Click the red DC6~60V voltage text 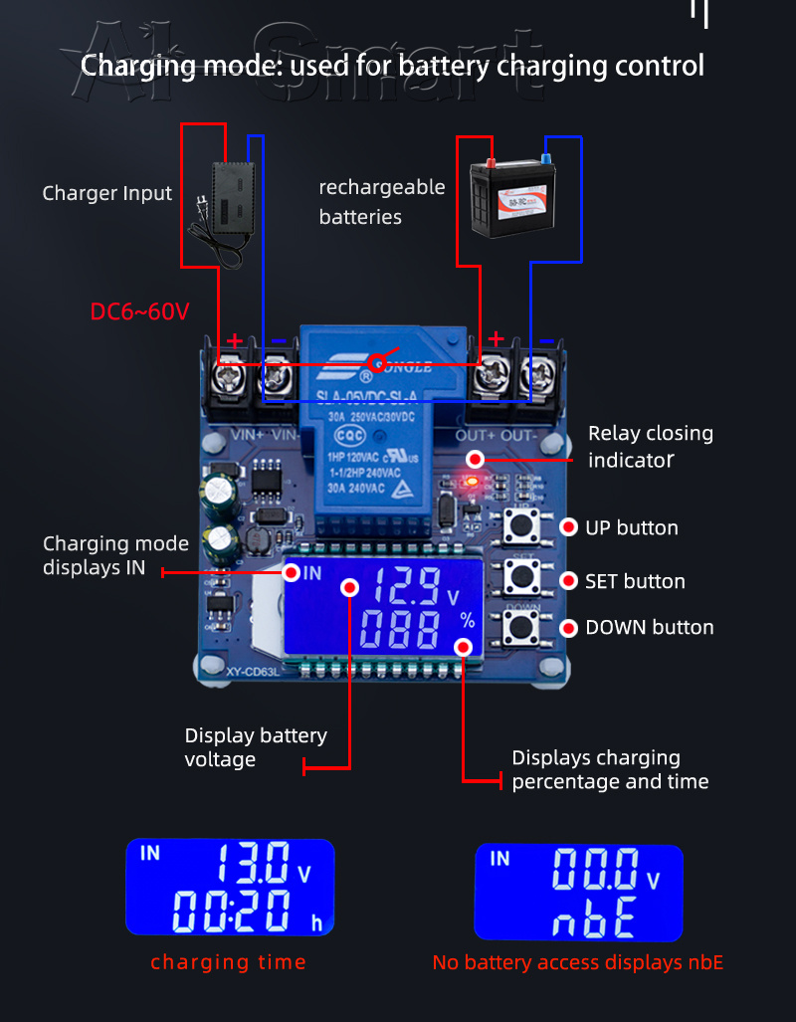click(139, 311)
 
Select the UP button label click(631, 527)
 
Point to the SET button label click(635, 581)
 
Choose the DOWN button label click(649, 627)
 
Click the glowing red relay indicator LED click(472, 482)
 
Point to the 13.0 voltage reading click(254, 863)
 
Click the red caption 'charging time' click(228, 961)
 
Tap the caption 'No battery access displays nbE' click(577, 962)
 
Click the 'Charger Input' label click(106, 193)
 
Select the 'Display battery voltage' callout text click(256, 747)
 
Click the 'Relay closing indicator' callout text click(650, 446)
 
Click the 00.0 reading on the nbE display click(595, 870)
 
